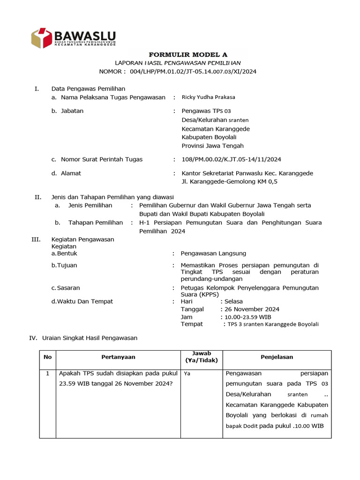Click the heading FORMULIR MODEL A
click(178, 54)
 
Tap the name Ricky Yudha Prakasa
click(208, 97)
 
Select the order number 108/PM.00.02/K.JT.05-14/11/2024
click(231, 159)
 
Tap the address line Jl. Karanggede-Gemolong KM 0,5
click(229, 182)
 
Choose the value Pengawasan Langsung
click(213, 254)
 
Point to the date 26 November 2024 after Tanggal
click(252, 309)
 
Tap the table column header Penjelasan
click(277, 357)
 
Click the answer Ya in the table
click(187, 374)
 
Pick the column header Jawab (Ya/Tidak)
click(201, 357)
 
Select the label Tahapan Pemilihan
click(96, 223)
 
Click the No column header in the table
click(47, 357)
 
